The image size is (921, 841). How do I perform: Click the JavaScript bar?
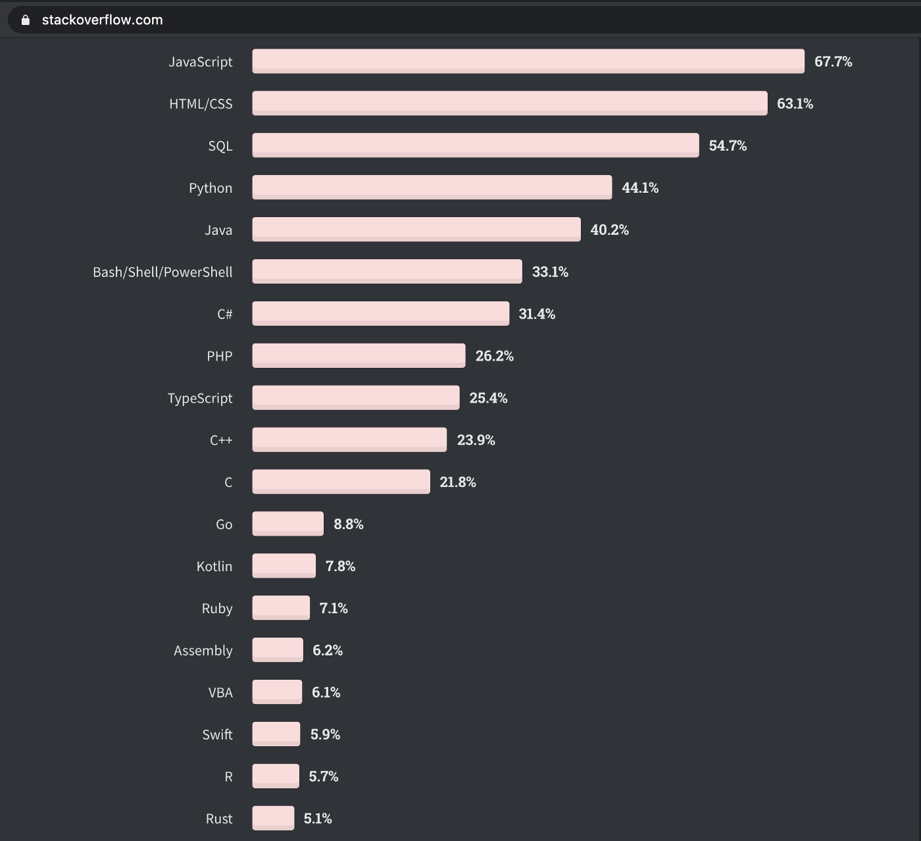pyautogui.click(x=528, y=61)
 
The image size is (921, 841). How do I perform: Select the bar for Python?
pyautogui.click(x=432, y=188)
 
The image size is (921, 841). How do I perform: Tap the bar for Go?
pyautogui.click(x=287, y=524)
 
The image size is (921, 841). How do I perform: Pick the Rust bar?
pyautogui.click(x=273, y=818)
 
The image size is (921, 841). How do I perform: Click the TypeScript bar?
pyautogui.click(x=355, y=397)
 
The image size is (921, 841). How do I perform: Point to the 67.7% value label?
pyautogui.click(x=833, y=61)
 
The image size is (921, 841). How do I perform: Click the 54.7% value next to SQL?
pyautogui.click(x=727, y=145)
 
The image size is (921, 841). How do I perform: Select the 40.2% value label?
pyautogui.click(x=609, y=230)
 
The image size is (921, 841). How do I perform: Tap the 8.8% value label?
pyautogui.click(x=348, y=524)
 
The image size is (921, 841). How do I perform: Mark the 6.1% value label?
pyautogui.click(x=326, y=692)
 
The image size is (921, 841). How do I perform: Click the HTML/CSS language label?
pyautogui.click(x=201, y=103)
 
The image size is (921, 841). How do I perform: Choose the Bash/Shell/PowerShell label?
pyautogui.click(x=162, y=272)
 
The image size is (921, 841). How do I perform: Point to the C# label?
pyautogui.click(x=224, y=314)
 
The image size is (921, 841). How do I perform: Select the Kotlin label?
pyautogui.click(x=214, y=566)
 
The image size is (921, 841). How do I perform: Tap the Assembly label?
pyautogui.click(x=203, y=650)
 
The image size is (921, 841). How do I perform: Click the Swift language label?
pyautogui.click(x=217, y=734)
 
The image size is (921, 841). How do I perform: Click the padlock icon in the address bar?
pyautogui.click(x=26, y=20)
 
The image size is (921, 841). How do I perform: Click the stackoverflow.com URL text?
pyautogui.click(x=102, y=20)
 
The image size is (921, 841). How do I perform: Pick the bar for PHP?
pyautogui.click(x=359, y=355)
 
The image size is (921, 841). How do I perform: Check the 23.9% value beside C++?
pyautogui.click(x=476, y=440)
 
